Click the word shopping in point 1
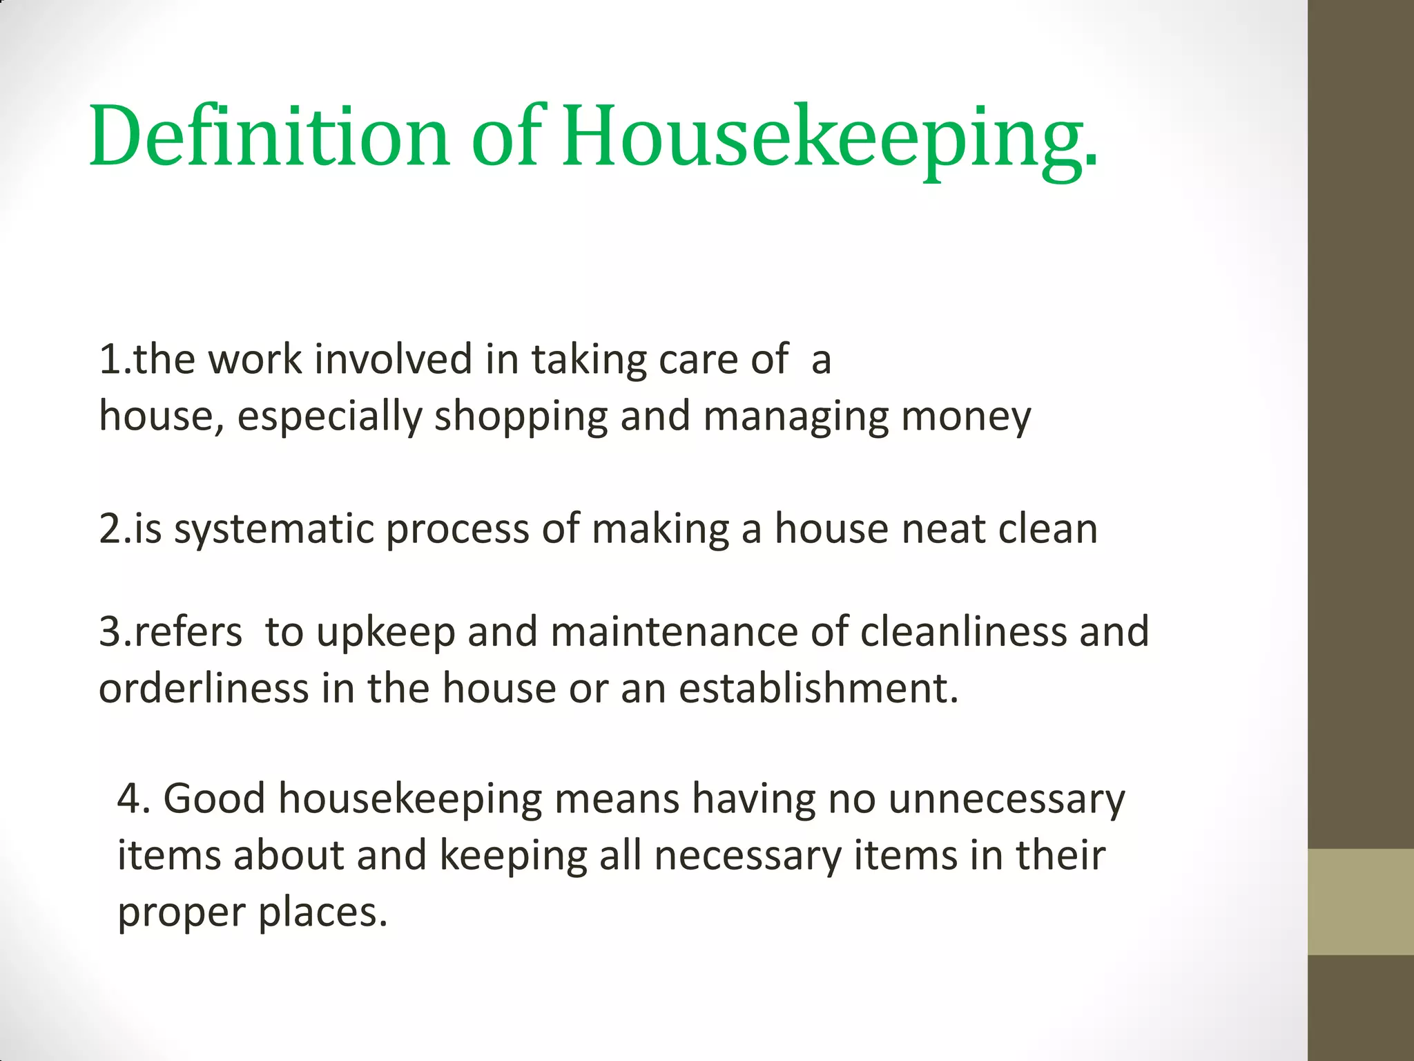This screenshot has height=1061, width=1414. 521,417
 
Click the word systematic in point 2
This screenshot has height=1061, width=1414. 273,529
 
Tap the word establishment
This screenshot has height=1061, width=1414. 818,689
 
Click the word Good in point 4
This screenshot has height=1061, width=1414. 214,799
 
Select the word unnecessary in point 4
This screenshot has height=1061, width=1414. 1006,799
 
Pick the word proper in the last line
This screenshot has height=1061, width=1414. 182,912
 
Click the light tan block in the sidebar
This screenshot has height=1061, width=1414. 1361,901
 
